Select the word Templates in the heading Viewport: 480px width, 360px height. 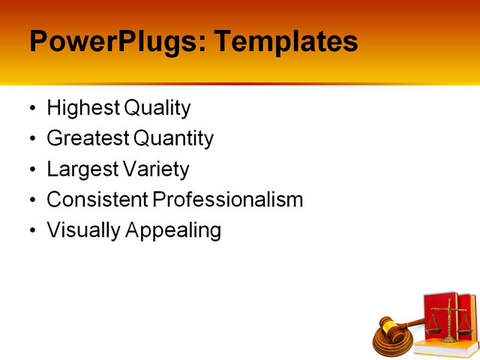tap(286, 41)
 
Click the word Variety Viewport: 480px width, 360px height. tap(154, 169)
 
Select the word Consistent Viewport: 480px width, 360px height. tap(97, 200)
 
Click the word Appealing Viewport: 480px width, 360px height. tap(173, 231)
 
